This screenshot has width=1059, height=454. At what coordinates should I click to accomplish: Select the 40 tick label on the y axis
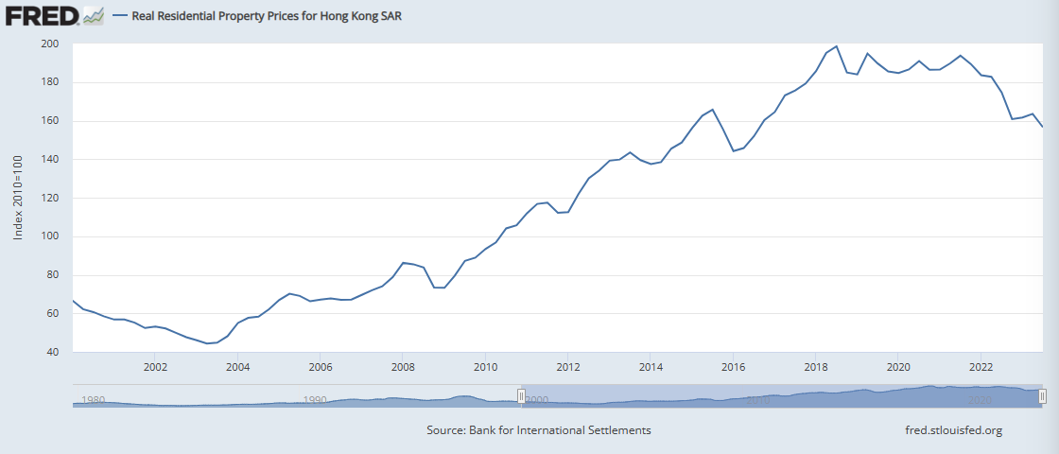tap(53, 352)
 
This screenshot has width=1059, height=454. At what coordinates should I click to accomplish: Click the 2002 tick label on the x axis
tap(155, 367)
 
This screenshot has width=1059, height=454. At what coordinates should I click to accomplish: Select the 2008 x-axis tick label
tap(403, 367)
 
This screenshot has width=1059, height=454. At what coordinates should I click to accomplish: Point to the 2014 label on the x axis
tap(651, 367)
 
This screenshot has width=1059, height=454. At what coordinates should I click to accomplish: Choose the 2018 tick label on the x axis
tap(816, 367)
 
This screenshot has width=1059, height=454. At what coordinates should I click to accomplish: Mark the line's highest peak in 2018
tap(837, 46)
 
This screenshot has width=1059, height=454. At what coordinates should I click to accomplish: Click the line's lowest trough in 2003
tap(207, 343)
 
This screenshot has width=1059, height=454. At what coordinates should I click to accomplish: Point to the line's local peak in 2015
tap(713, 110)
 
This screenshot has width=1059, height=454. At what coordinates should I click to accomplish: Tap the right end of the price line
tap(1042, 127)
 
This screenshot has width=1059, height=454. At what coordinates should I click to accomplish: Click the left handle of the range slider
tap(521, 396)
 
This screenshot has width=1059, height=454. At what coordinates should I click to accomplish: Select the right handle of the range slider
tap(1043, 396)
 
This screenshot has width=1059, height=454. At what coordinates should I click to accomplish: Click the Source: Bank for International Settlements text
tap(539, 430)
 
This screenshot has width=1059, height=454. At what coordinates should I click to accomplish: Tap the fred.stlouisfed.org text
tap(953, 430)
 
